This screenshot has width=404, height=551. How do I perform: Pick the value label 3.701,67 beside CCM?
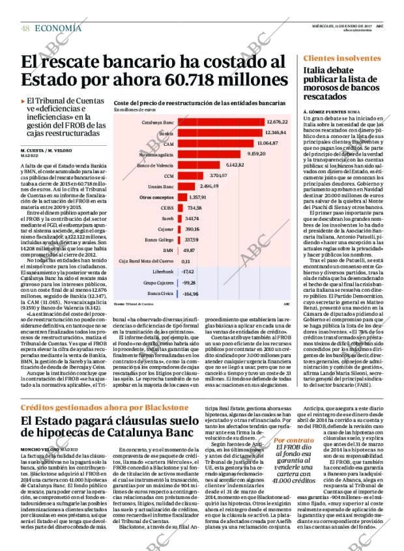(218, 175)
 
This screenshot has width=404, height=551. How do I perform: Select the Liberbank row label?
(162, 271)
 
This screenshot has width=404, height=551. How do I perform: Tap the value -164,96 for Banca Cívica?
(190, 294)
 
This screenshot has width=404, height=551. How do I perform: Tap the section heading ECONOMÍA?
(58, 27)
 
